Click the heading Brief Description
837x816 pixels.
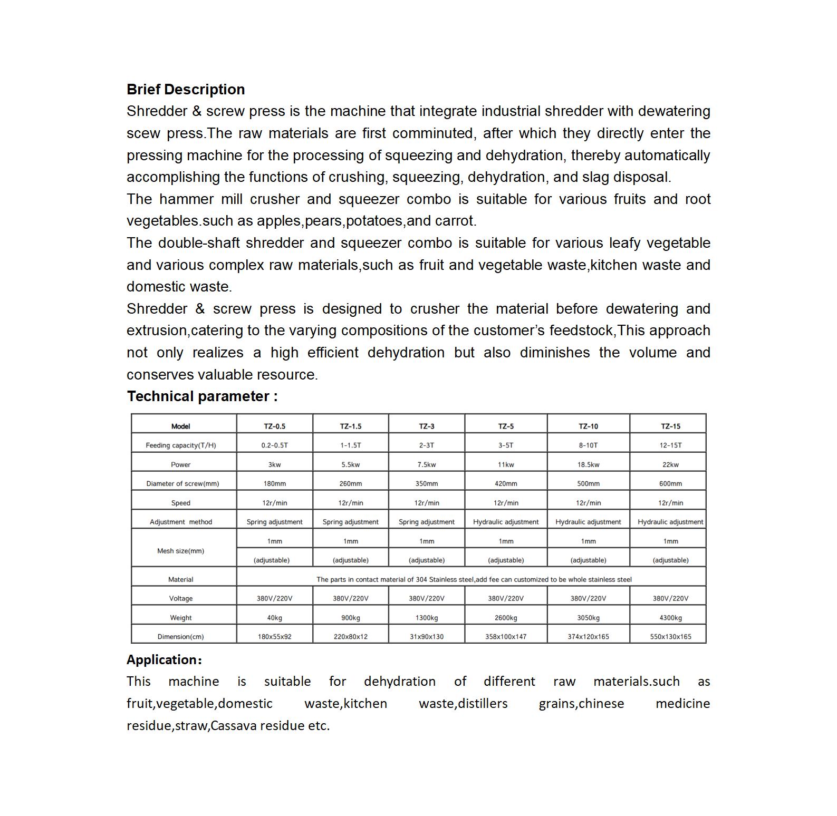pos(186,90)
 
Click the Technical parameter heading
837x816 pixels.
pos(202,396)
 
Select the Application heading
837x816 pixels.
pos(164,660)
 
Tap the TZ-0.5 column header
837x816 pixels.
pos(274,426)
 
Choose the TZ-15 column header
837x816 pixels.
pos(670,426)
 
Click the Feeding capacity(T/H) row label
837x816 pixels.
pos(181,445)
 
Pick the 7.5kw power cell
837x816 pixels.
pos(426,465)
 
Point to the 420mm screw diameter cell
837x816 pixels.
pos(506,484)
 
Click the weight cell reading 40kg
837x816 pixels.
pos(274,618)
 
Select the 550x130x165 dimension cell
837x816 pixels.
pos(670,637)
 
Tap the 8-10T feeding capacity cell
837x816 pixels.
pos(588,445)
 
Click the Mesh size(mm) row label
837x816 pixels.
pos(181,551)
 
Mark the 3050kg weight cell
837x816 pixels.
pos(588,618)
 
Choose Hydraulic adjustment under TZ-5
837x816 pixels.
pos(506,522)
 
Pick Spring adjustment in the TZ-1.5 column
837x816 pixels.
pos(350,522)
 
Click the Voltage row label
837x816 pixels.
pos(181,599)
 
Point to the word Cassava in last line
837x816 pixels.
pos(234,726)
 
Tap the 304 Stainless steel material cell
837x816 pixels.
pos(474,579)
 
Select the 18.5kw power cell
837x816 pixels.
pos(588,465)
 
